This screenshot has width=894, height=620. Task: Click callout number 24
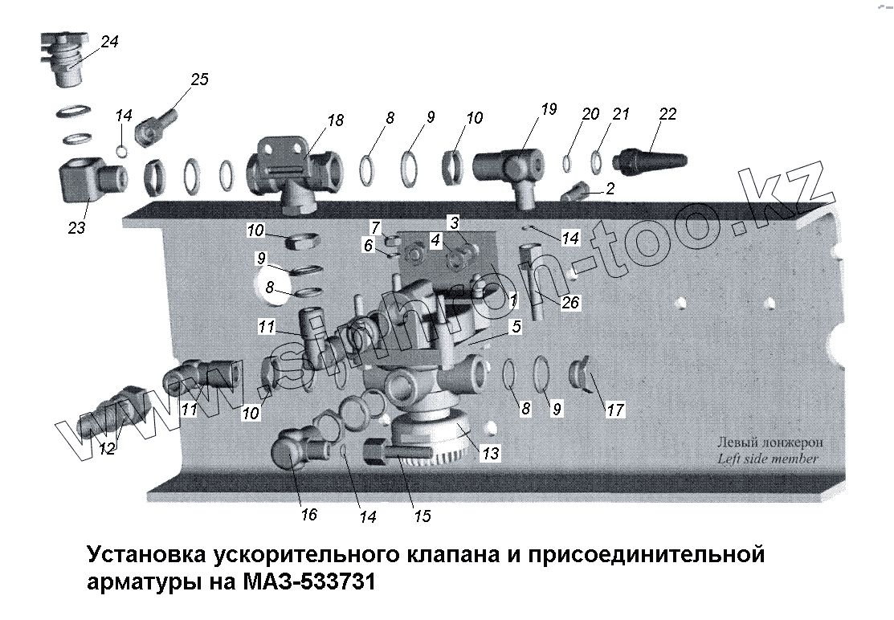(109, 42)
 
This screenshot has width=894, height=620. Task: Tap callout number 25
(198, 79)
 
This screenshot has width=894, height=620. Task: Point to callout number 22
(667, 115)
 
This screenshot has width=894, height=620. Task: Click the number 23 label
(76, 228)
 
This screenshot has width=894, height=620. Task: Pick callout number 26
(571, 303)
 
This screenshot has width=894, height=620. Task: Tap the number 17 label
(615, 410)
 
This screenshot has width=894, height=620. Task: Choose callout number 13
(490, 455)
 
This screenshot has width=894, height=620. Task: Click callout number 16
(308, 515)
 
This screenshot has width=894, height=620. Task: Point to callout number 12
(107, 450)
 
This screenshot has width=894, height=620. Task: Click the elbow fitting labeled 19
(508, 165)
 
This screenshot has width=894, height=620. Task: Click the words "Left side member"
(767, 459)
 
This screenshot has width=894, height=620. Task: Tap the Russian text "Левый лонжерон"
(769, 443)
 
